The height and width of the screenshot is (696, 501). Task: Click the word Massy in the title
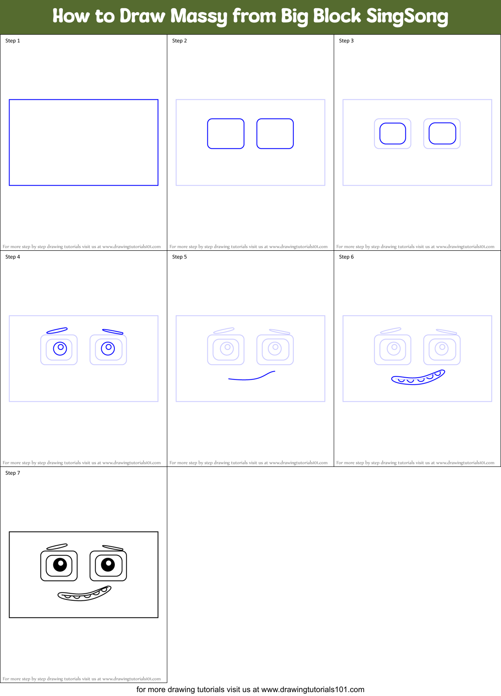click(198, 16)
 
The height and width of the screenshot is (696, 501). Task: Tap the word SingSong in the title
click(407, 16)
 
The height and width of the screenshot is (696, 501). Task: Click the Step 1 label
click(13, 41)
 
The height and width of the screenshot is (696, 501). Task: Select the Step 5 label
click(179, 257)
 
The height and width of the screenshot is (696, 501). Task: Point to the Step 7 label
click(13, 473)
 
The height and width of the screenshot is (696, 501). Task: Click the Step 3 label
click(346, 41)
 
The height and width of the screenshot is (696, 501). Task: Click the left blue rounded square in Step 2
click(226, 133)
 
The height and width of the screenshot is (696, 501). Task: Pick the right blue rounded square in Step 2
click(275, 133)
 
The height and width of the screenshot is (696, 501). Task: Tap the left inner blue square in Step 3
click(393, 133)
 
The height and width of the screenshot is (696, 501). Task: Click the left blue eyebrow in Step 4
click(57, 331)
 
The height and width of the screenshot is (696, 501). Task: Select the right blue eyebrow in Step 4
click(113, 332)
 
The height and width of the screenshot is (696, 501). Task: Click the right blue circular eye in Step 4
click(108, 348)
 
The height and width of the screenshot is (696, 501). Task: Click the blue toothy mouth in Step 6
click(418, 378)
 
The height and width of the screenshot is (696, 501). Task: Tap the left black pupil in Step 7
click(60, 565)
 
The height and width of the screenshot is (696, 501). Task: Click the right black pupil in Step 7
click(108, 564)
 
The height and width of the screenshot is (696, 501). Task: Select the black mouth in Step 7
click(85, 594)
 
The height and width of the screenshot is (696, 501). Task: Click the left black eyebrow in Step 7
click(57, 547)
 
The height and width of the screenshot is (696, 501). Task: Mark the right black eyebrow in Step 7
click(113, 548)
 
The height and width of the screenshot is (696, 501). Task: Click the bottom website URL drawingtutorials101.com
click(312, 690)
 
